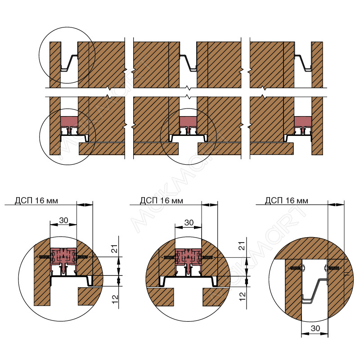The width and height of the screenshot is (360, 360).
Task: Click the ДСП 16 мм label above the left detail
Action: (x=36, y=200)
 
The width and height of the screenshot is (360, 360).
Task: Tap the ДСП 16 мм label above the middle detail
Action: (x=162, y=200)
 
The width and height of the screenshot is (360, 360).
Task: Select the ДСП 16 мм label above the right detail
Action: (x=287, y=200)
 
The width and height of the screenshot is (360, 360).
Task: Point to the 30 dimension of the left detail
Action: (x=63, y=220)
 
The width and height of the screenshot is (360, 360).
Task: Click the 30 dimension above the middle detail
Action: (x=189, y=222)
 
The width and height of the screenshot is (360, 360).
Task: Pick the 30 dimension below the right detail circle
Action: (x=315, y=328)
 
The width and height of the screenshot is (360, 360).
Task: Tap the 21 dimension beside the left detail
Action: (x=115, y=249)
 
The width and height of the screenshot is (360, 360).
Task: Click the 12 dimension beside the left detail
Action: (x=115, y=299)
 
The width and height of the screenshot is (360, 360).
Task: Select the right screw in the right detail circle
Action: (x=333, y=268)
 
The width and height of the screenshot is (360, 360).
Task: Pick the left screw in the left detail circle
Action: (x=45, y=256)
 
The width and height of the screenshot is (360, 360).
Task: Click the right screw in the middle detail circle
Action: (x=208, y=257)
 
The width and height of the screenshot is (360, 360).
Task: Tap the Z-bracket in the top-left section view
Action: (x=69, y=63)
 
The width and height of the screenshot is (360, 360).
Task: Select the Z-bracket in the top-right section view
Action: (x=303, y=63)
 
